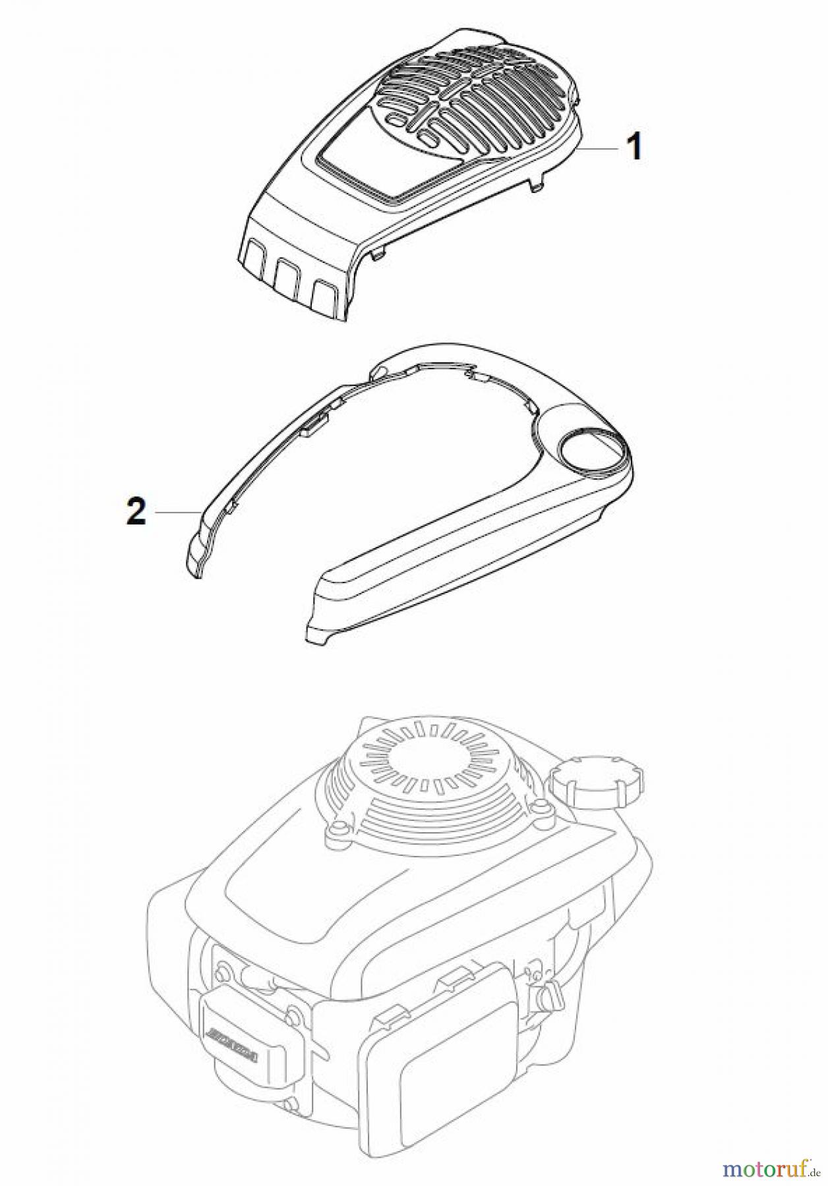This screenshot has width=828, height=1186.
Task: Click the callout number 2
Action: tap(136, 511)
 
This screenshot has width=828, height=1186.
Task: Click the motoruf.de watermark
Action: tap(769, 1169)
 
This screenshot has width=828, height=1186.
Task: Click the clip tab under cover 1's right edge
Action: tap(538, 187)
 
